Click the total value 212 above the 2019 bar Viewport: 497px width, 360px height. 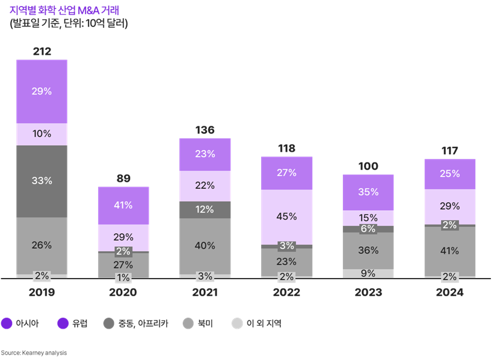coord(42,52)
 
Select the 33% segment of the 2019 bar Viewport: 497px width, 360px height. coord(42,181)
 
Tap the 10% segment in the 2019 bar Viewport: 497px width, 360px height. coord(42,134)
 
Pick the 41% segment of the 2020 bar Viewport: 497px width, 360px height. coord(123,205)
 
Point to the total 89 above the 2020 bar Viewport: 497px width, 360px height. coord(123,178)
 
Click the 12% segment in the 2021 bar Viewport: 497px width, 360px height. coord(205,209)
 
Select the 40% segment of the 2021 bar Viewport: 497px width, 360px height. coord(205,246)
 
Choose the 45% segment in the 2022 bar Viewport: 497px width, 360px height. coord(286,216)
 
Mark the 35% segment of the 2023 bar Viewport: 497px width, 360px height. coord(368,192)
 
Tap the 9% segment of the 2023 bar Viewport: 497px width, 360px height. coord(368,273)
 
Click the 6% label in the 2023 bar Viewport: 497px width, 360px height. coord(368,229)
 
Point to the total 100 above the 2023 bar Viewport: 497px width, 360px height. coord(368,166)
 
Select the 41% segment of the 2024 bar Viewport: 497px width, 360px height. coord(450,251)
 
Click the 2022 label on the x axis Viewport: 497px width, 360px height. coord(286,293)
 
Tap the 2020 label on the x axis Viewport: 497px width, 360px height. coord(123,293)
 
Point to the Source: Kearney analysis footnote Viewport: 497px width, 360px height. coord(34,353)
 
